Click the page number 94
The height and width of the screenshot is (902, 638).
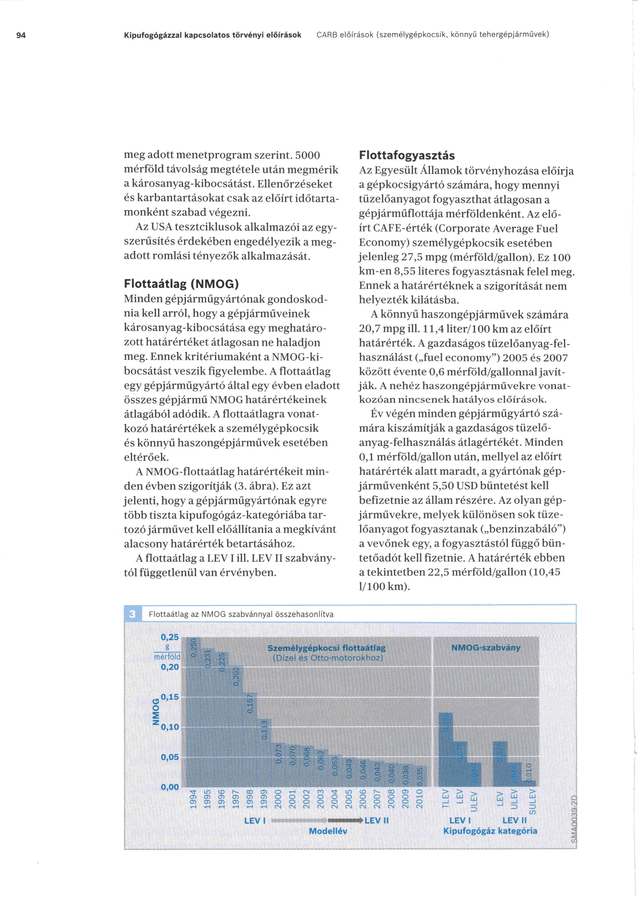[21, 35]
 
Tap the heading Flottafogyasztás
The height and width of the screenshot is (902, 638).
[407, 156]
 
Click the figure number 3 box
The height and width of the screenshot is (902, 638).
[132, 614]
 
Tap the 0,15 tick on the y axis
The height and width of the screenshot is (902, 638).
[170, 697]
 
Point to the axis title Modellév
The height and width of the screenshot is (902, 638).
[328, 831]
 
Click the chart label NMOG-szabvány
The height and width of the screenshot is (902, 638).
[485, 647]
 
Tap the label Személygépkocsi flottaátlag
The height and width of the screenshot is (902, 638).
[326, 648]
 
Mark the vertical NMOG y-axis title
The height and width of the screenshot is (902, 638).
[156, 711]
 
